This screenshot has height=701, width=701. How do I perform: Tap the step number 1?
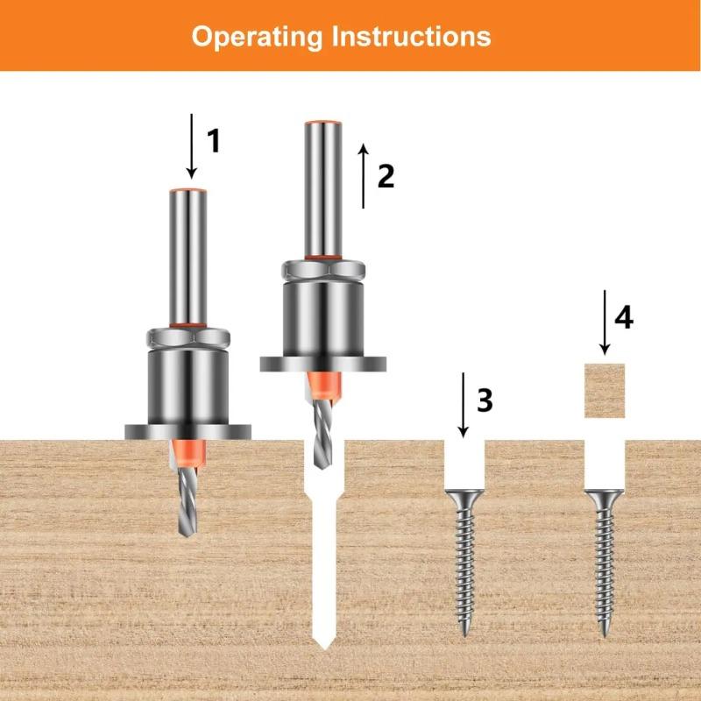pos(213,140)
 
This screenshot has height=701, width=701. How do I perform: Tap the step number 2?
pos(386,176)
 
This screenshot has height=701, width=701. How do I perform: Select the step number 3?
pos(485,400)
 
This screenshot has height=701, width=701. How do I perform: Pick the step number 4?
pos(623,318)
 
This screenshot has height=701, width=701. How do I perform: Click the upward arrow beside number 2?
pos(363,175)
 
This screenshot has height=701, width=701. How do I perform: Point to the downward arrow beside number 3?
pos(464,404)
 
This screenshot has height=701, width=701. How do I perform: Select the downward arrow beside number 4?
pos(604,322)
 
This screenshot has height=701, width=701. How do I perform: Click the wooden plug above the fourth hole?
pos(605,390)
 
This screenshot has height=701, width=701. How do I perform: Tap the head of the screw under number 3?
pos(464,497)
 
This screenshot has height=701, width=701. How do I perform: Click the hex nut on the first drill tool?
pos(188,335)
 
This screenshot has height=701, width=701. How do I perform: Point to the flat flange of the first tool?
pos(188,431)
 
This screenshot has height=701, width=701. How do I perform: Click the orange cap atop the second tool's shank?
pos(322,120)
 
